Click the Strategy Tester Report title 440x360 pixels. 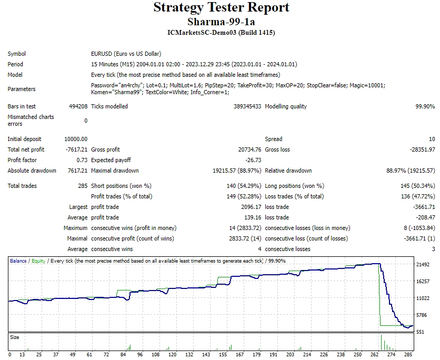221,7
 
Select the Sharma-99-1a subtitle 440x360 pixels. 221,22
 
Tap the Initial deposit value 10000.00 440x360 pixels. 76,139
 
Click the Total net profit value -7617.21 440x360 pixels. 76,149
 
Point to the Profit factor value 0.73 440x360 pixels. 82,160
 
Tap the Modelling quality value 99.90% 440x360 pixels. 425,106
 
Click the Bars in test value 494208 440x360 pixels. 78,106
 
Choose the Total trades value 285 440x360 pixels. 83,186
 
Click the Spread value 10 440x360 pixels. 432,139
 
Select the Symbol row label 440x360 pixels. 17,54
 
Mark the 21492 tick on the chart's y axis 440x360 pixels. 424,265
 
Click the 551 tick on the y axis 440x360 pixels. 421,332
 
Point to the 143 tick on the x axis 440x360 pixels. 209,355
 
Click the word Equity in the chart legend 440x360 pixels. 38,261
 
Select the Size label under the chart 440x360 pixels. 15,337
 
